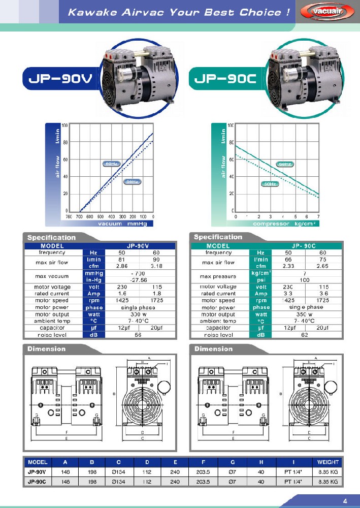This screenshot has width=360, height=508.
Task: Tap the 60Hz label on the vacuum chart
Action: pyautogui.click(x=111, y=164)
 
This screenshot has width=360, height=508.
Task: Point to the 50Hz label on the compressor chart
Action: pyautogui.click(x=270, y=183)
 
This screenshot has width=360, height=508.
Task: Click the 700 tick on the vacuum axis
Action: pyautogui.click(x=80, y=216)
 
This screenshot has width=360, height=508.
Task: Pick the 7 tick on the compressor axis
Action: pyautogui.click(x=318, y=216)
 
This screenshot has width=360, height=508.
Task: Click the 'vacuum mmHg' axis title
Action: pyautogui.click(x=117, y=224)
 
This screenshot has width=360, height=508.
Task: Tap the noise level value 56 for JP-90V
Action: pyautogui.click(x=138, y=335)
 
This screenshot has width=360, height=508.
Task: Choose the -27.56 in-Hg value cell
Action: pyautogui.click(x=138, y=280)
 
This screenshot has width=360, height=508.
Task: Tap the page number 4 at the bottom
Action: pyautogui.click(x=345, y=499)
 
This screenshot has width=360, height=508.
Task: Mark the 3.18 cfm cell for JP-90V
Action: pyautogui.click(x=156, y=266)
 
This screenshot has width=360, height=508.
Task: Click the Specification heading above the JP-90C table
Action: pyautogui.click(x=218, y=237)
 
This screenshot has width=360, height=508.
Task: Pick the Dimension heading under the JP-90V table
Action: pyautogui.click(x=46, y=349)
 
